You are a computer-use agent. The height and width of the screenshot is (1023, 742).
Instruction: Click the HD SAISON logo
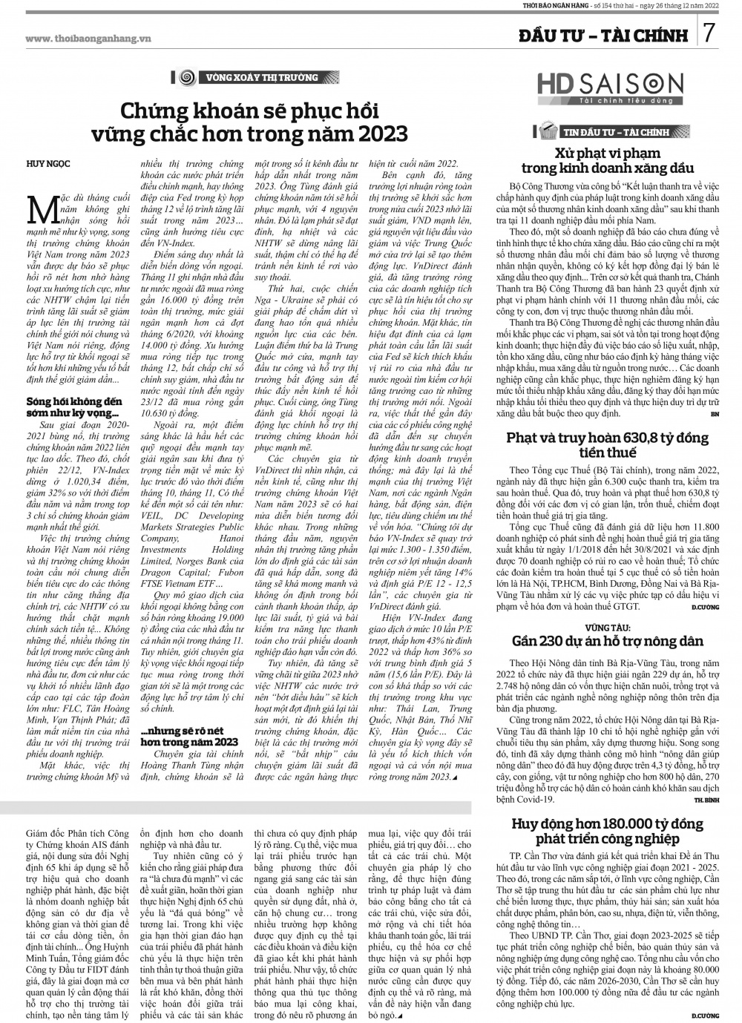click(609, 88)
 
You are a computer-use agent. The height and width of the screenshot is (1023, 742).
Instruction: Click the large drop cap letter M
click(38, 208)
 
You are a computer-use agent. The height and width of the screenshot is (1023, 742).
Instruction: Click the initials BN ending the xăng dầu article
click(715, 412)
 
